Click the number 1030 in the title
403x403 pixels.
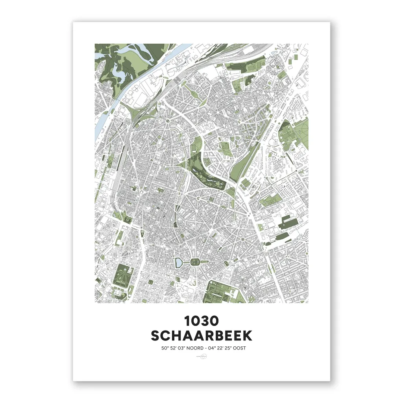click(201, 321)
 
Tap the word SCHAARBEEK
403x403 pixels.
click(201, 336)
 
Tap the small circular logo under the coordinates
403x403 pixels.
click(201, 357)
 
